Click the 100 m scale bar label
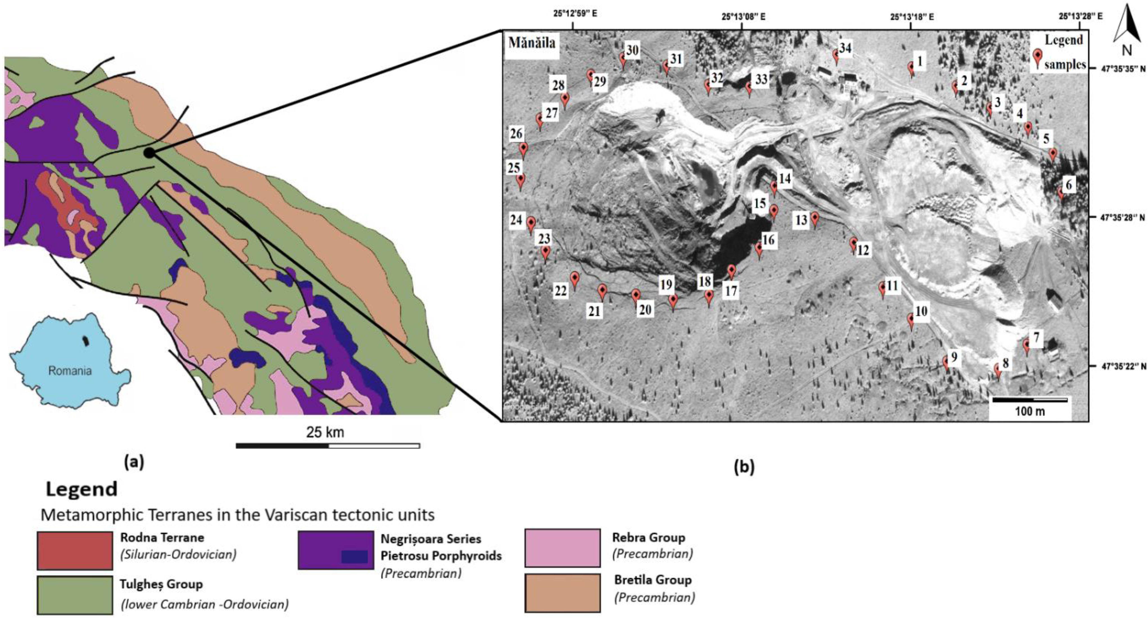pyautogui.click(x=1030, y=411)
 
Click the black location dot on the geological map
pyautogui.click(x=149, y=153)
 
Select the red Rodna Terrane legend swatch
pyautogui.click(x=75, y=550)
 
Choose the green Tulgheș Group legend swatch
pyautogui.click(x=75, y=595)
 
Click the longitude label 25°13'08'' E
pyautogui.click(x=743, y=17)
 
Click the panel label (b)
pyautogui.click(x=744, y=467)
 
